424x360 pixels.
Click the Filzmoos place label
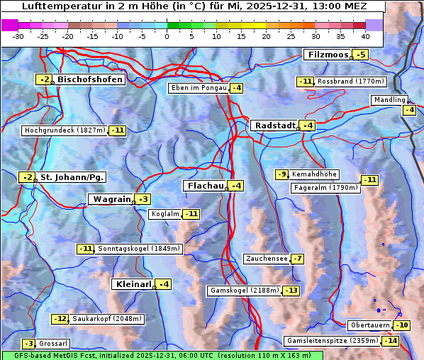click(327, 55)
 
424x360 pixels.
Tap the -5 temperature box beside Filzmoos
click(362, 55)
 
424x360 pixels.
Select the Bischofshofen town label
click(90, 79)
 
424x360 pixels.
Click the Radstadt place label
click(274, 125)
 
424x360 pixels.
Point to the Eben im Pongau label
click(198, 88)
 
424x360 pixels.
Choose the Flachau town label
click(205, 186)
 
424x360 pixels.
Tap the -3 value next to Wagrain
click(143, 199)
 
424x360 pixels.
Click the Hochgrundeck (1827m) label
click(65, 130)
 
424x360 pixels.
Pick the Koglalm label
click(164, 214)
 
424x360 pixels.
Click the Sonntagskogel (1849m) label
click(139, 249)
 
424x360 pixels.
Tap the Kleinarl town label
click(133, 284)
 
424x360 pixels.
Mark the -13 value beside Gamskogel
click(291, 291)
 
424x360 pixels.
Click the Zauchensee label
click(267, 259)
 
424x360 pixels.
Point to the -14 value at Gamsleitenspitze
click(391, 341)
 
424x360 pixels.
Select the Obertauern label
click(369, 325)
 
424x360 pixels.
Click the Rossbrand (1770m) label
click(350, 81)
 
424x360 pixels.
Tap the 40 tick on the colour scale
click(364, 36)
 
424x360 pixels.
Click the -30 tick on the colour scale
click(18, 36)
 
